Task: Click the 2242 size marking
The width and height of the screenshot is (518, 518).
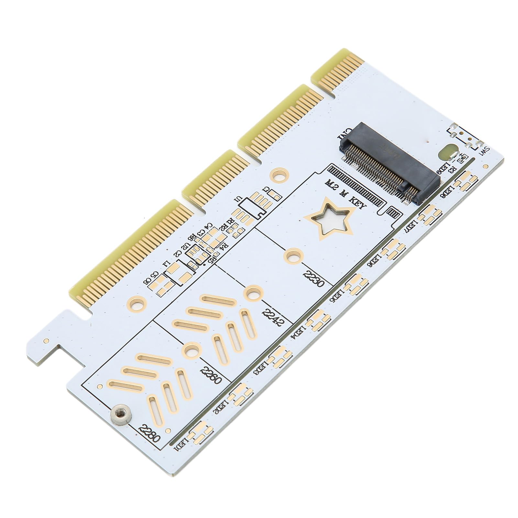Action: [x=273, y=318]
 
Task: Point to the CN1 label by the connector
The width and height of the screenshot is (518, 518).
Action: [x=343, y=132]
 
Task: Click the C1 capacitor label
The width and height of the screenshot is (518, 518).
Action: [x=266, y=190]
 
